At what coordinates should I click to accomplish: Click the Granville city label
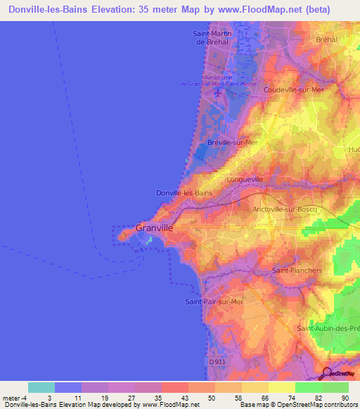[154, 228]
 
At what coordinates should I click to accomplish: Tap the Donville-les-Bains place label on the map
[184, 193]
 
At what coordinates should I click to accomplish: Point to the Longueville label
[245, 179]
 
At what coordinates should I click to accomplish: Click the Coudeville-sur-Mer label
[294, 90]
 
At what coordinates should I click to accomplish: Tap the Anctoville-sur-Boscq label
[285, 209]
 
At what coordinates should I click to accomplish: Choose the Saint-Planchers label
[297, 270]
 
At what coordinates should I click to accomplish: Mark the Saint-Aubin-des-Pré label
[328, 328]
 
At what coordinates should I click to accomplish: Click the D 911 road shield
[219, 361]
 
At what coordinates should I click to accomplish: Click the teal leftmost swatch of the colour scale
[41, 387]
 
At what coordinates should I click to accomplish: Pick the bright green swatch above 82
[309, 387]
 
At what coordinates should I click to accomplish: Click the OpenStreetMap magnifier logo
[329, 372]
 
